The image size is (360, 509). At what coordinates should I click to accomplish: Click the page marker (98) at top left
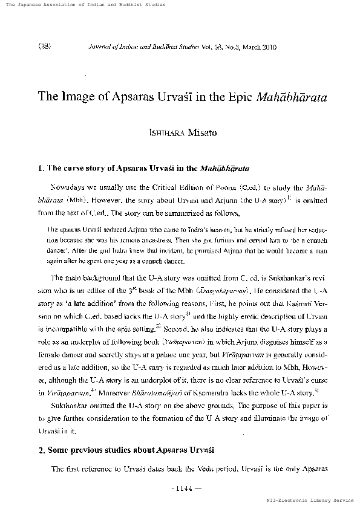(44, 46)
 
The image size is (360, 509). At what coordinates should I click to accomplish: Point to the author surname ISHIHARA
(157, 131)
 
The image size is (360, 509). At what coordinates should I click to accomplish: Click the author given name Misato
(195, 131)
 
